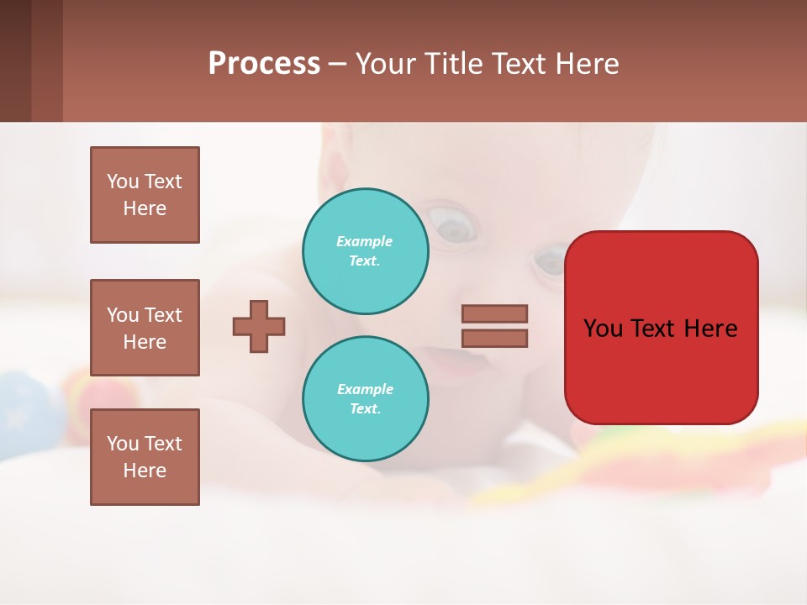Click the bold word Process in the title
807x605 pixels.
pos(264,64)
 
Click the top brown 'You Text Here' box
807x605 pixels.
pos(145,195)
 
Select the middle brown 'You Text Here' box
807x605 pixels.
pos(145,328)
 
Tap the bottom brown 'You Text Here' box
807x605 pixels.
pos(145,457)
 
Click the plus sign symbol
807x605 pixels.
pos(259,326)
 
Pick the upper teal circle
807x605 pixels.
pos(366,250)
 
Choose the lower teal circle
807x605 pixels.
pos(366,398)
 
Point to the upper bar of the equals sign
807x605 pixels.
pos(494,313)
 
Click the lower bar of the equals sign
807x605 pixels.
pos(494,339)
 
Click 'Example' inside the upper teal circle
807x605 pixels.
pos(364,241)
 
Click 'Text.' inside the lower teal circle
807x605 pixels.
pos(365,408)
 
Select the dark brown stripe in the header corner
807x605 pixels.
pos(15,60)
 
